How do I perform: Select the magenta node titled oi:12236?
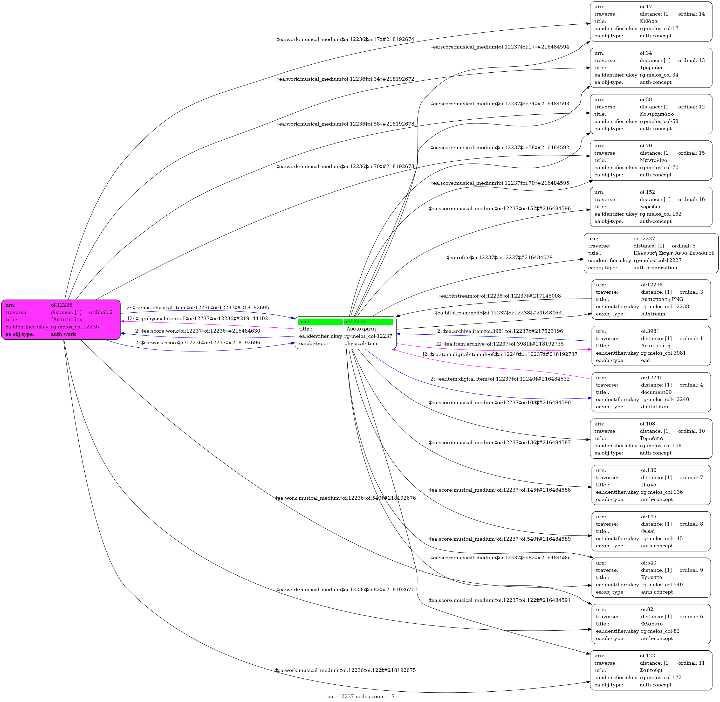point(61,319)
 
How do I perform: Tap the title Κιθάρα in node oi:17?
point(648,21)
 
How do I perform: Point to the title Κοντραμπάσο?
point(657,114)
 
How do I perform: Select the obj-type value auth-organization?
point(655,268)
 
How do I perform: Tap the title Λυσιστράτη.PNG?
point(662,299)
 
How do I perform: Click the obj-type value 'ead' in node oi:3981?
point(645,360)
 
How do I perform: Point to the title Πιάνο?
point(648,484)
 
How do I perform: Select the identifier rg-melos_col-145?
point(662,538)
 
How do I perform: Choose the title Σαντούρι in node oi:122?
point(651,670)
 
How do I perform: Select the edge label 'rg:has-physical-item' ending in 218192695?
point(198,307)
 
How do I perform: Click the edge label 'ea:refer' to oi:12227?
point(499,257)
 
